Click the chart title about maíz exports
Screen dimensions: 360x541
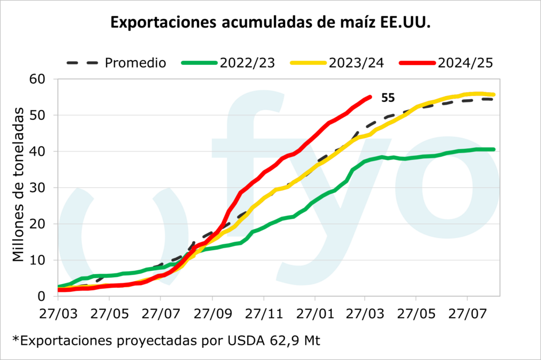(x=270, y=22)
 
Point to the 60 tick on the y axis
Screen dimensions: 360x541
(x=41, y=79)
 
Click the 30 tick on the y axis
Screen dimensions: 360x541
(x=41, y=188)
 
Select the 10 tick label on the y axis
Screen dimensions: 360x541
(x=41, y=260)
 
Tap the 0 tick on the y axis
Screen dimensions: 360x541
(x=45, y=297)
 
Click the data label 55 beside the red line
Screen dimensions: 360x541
(x=388, y=97)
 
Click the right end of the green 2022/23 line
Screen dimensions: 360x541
(x=493, y=149)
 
